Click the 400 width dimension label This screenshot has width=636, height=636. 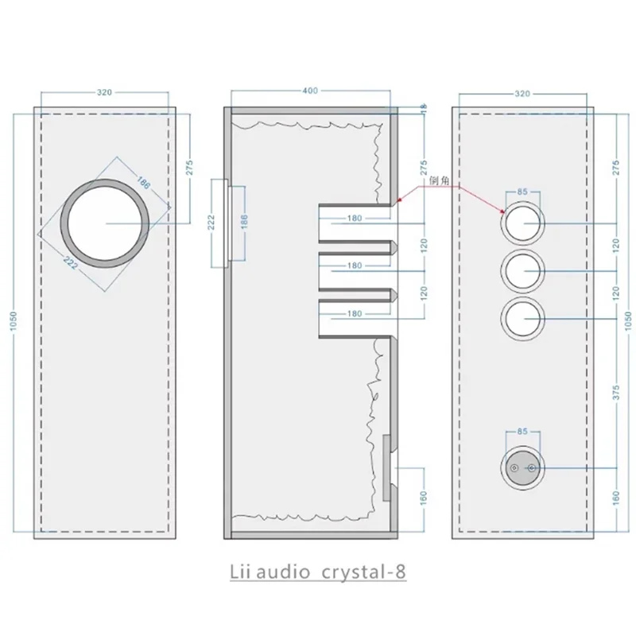(310, 91)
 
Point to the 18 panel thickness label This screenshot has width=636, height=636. (424, 107)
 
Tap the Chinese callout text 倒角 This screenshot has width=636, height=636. (440, 181)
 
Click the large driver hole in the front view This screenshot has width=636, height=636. (106, 223)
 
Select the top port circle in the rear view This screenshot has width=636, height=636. (523, 224)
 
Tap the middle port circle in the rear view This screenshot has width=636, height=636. (523, 272)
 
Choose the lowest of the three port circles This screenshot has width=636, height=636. (523, 320)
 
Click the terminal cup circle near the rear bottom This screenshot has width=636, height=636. (522, 470)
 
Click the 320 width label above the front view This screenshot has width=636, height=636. (104, 92)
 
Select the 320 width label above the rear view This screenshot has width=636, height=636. (522, 92)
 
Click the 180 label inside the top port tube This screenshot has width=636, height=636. (355, 218)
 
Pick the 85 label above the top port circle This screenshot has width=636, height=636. (522, 192)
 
